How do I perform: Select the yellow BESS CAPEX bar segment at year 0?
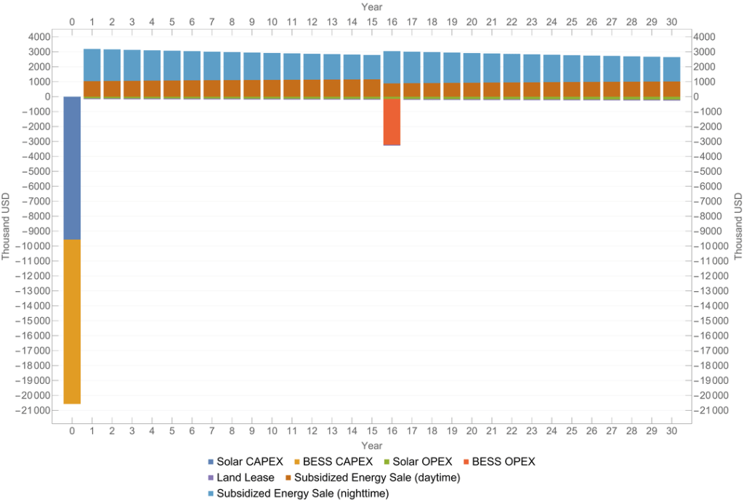[x=72, y=322]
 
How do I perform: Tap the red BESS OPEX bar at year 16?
[x=392, y=122]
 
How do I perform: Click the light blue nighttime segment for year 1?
[x=92, y=65]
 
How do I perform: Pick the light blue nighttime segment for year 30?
[x=671, y=69]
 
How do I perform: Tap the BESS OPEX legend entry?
[x=501, y=462]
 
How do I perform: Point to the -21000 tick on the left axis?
[x=35, y=411]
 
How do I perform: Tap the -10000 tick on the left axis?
[x=35, y=246]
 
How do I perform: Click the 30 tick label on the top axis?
[x=671, y=23]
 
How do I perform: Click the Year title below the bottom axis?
[x=372, y=445]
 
